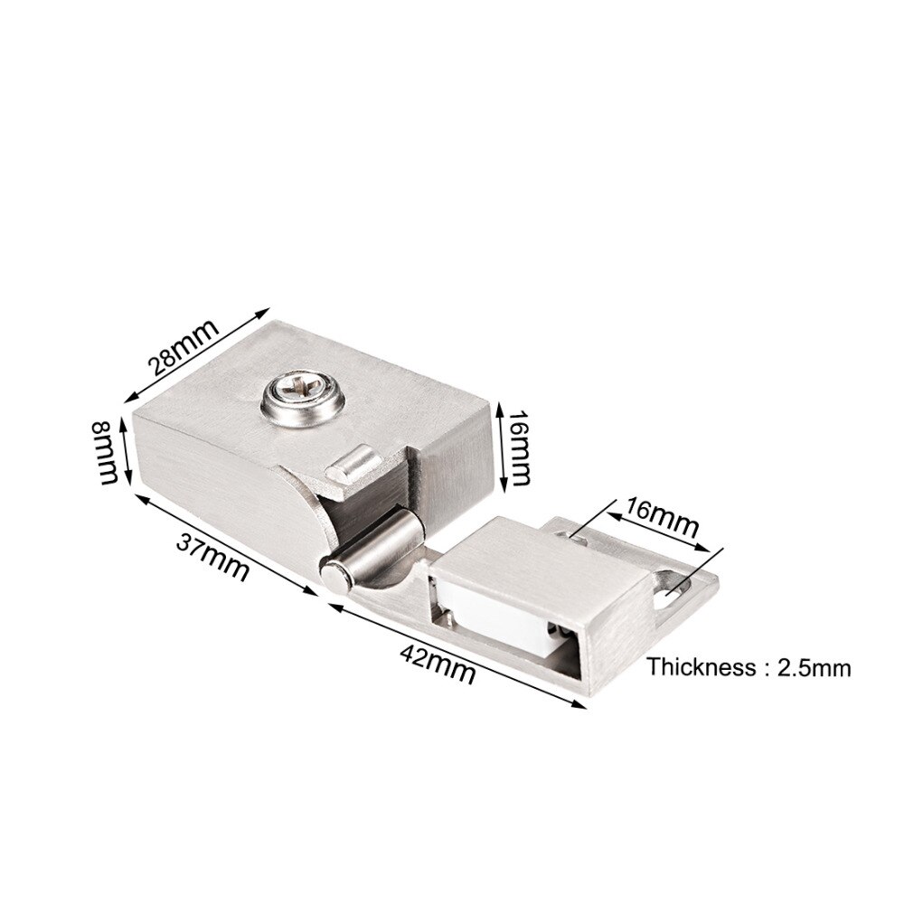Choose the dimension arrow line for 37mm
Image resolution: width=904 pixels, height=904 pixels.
coord(226,541)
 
